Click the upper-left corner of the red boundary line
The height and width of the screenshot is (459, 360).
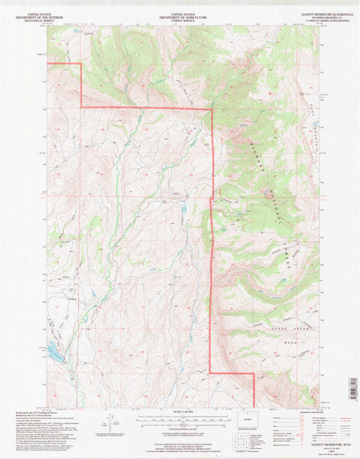[81, 63]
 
